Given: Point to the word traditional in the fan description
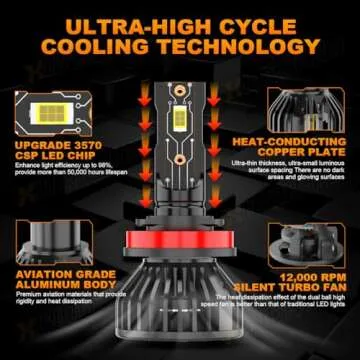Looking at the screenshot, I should tap(300, 306).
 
